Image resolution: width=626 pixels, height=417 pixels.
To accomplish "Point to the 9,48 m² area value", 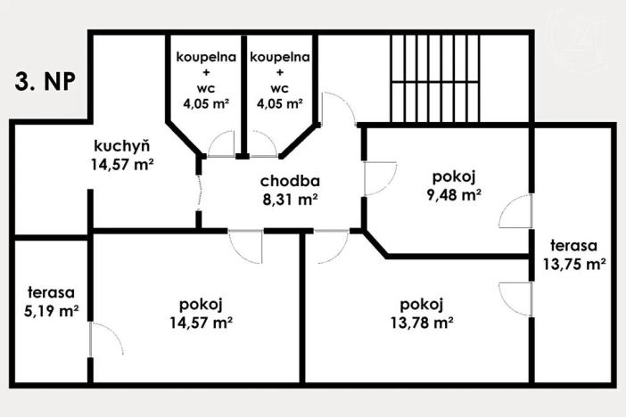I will (x=454, y=192).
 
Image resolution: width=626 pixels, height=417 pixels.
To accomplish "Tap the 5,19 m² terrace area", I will (x=50, y=310).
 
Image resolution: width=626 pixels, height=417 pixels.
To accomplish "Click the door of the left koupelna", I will (x=218, y=145).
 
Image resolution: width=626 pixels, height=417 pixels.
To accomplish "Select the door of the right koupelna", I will (x=262, y=145).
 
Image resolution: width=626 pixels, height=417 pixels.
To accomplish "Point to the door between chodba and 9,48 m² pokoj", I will (x=379, y=178).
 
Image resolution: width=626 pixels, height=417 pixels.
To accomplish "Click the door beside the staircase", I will (x=339, y=110).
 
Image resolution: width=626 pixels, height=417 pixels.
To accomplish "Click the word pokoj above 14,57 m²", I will (x=205, y=303).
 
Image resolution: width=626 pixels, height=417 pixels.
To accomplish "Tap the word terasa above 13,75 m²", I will (x=574, y=245).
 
